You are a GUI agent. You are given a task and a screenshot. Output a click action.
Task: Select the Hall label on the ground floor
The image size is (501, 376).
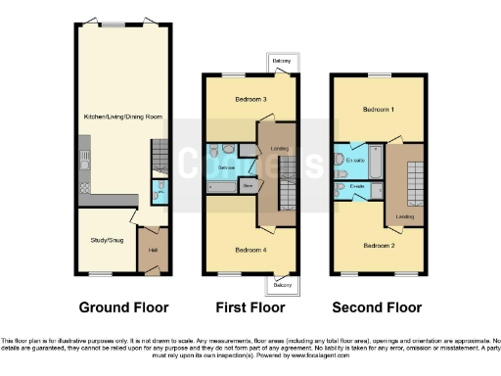(153, 250)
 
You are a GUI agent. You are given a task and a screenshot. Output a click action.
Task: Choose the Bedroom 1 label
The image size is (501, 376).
(378, 110)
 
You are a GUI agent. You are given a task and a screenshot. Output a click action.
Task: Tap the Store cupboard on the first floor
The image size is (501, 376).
(248, 183)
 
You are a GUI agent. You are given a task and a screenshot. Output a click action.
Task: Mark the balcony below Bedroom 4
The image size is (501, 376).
(282, 285)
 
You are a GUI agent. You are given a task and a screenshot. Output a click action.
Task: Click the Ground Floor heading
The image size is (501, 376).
(123, 306)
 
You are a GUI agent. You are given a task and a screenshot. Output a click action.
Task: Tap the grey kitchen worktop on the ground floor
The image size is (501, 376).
(85, 171)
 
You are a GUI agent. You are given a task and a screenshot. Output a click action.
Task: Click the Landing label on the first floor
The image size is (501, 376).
(278, 149)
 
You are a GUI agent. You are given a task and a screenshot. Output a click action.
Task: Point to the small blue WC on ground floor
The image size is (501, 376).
(159, 190)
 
